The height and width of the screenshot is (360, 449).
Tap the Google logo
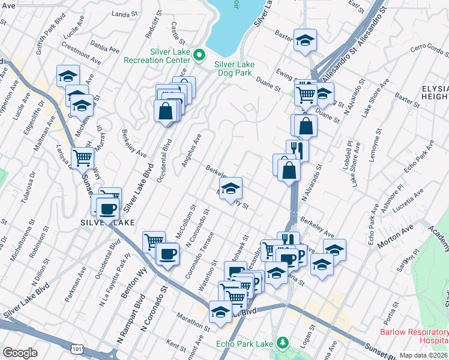point(20,353)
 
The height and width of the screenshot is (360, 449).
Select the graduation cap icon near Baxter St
point(305,40)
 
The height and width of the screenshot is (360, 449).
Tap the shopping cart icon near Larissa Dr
point(83,158)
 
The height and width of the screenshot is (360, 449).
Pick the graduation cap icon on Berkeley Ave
point(230,188)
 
